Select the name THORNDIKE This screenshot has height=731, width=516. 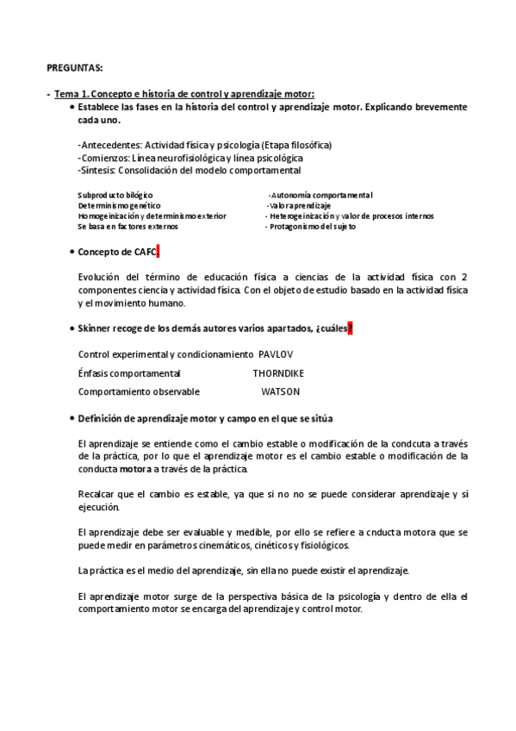coord(278,373)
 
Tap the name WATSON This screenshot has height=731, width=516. coord(280,391)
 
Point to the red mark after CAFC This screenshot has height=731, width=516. coord(159,252)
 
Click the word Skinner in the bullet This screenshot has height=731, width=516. coord(94,328)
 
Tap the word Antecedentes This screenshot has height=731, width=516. coord(109,145)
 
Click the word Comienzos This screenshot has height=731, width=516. coord(104,158)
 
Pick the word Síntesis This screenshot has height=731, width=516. coord(100,171)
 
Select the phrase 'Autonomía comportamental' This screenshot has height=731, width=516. coord(321,196)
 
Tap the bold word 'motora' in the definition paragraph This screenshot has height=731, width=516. coord(135,469)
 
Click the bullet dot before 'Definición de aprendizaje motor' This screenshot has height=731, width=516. coord(71,418)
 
